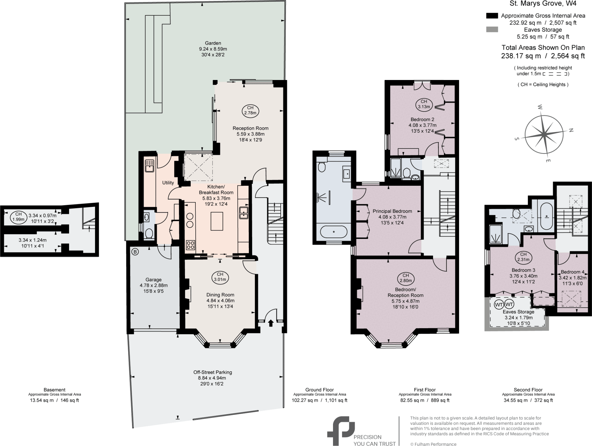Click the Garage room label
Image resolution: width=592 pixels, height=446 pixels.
click(x=153, y=280)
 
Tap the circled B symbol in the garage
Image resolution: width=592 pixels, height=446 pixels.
click(x=135, y=252)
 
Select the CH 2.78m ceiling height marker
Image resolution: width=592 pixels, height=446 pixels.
click(x=250, y=110)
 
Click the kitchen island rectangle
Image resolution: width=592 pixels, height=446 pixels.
click(x=217, y=221)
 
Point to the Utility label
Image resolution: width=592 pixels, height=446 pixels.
click(x=168, y=183)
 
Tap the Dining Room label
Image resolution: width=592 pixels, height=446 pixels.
click(x=220, y=295)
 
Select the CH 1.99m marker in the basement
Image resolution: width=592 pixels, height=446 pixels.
click(x=18, y=217)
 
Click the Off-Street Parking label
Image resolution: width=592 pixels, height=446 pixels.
click(x=212, y=372)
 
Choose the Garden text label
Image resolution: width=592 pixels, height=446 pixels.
click(x=213, y=43)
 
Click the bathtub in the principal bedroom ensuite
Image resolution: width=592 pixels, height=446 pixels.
click(x=334, y=231)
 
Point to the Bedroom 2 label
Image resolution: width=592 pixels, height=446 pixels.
click(x=422, y=119)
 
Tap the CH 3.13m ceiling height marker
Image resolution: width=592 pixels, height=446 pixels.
click(x=424, y=104)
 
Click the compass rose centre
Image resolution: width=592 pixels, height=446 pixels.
click(x=544, y=134)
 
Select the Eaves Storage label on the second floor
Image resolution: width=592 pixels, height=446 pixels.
click(x=518, y=312)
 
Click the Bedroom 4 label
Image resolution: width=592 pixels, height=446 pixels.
click(x=572, y=272)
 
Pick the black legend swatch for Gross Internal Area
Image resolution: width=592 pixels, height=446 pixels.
click(x=492, y=16)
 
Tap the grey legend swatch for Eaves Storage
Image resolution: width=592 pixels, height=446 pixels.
click(x=492, y=29)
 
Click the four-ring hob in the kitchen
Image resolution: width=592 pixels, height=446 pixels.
click(x=190, y=245)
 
